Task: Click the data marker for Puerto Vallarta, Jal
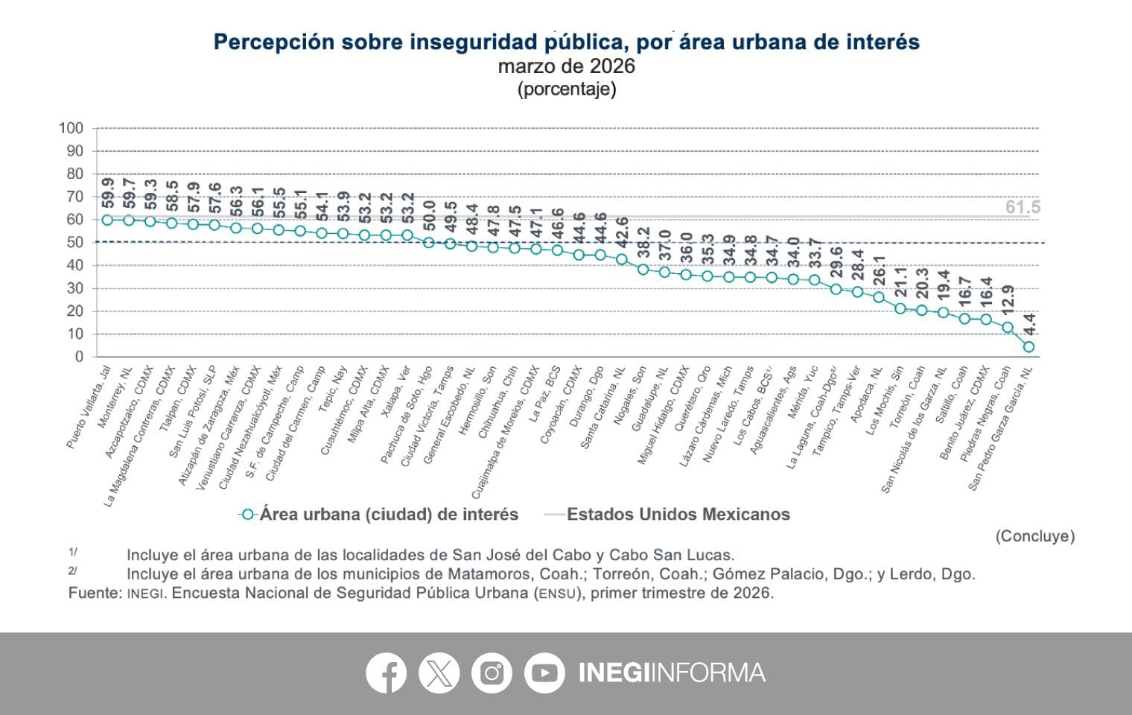click(107, 220)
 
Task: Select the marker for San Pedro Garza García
click(1028, 347)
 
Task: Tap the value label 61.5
click(1023, 207)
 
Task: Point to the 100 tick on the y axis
click(71, 128)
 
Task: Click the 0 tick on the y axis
click(79, 357)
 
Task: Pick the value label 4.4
click(1029, 324)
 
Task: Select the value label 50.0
click(429, 217)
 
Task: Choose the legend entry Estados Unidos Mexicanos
click(678, 514)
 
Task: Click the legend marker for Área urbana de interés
click(248, 515)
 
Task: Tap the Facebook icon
click(386, 673)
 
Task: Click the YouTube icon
click(544, 673)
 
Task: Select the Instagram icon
click(492, 673)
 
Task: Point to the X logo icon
click(439, 673)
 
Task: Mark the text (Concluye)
click(1034, 536)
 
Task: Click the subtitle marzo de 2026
click(566, 66)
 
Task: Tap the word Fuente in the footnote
click(93, 594)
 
